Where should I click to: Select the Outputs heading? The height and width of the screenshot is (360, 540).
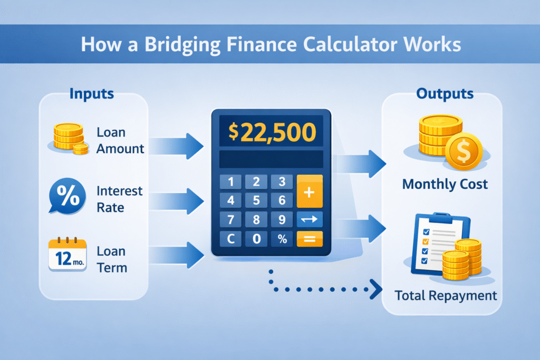click(x=445, y=94)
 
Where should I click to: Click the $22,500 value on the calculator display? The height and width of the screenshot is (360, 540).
click(x=271, y=131)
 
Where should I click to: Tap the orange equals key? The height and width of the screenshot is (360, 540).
click(x=310, y=239)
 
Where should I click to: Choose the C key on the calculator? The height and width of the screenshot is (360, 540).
click(x=230, y=239)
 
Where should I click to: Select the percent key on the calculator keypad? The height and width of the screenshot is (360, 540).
click(x=282, y=239)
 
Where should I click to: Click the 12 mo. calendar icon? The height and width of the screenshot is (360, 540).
click(x=67, y=256)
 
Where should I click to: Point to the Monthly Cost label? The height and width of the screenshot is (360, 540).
click(x=445, y=184)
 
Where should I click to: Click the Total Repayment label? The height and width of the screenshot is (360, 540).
click(x=446, y=295)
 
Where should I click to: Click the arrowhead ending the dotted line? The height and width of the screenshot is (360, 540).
click(x=377, y=288)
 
